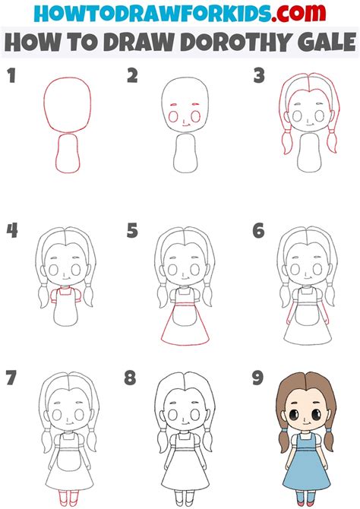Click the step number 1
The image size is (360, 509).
coord(11,76)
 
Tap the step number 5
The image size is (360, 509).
coord(132,231)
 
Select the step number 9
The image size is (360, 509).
coord(257,378)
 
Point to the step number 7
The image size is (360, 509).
coord(11,378)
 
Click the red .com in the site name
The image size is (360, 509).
coord(298,13)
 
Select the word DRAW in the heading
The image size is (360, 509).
coord(141,43)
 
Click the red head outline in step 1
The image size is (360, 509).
coord(67,78)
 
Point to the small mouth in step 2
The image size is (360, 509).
coord(185,124)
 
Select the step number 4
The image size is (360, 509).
coord(12,231)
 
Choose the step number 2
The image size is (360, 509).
coord(132,76)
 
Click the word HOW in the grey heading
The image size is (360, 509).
coord(28,43)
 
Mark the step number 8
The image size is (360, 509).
coord(130,378)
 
